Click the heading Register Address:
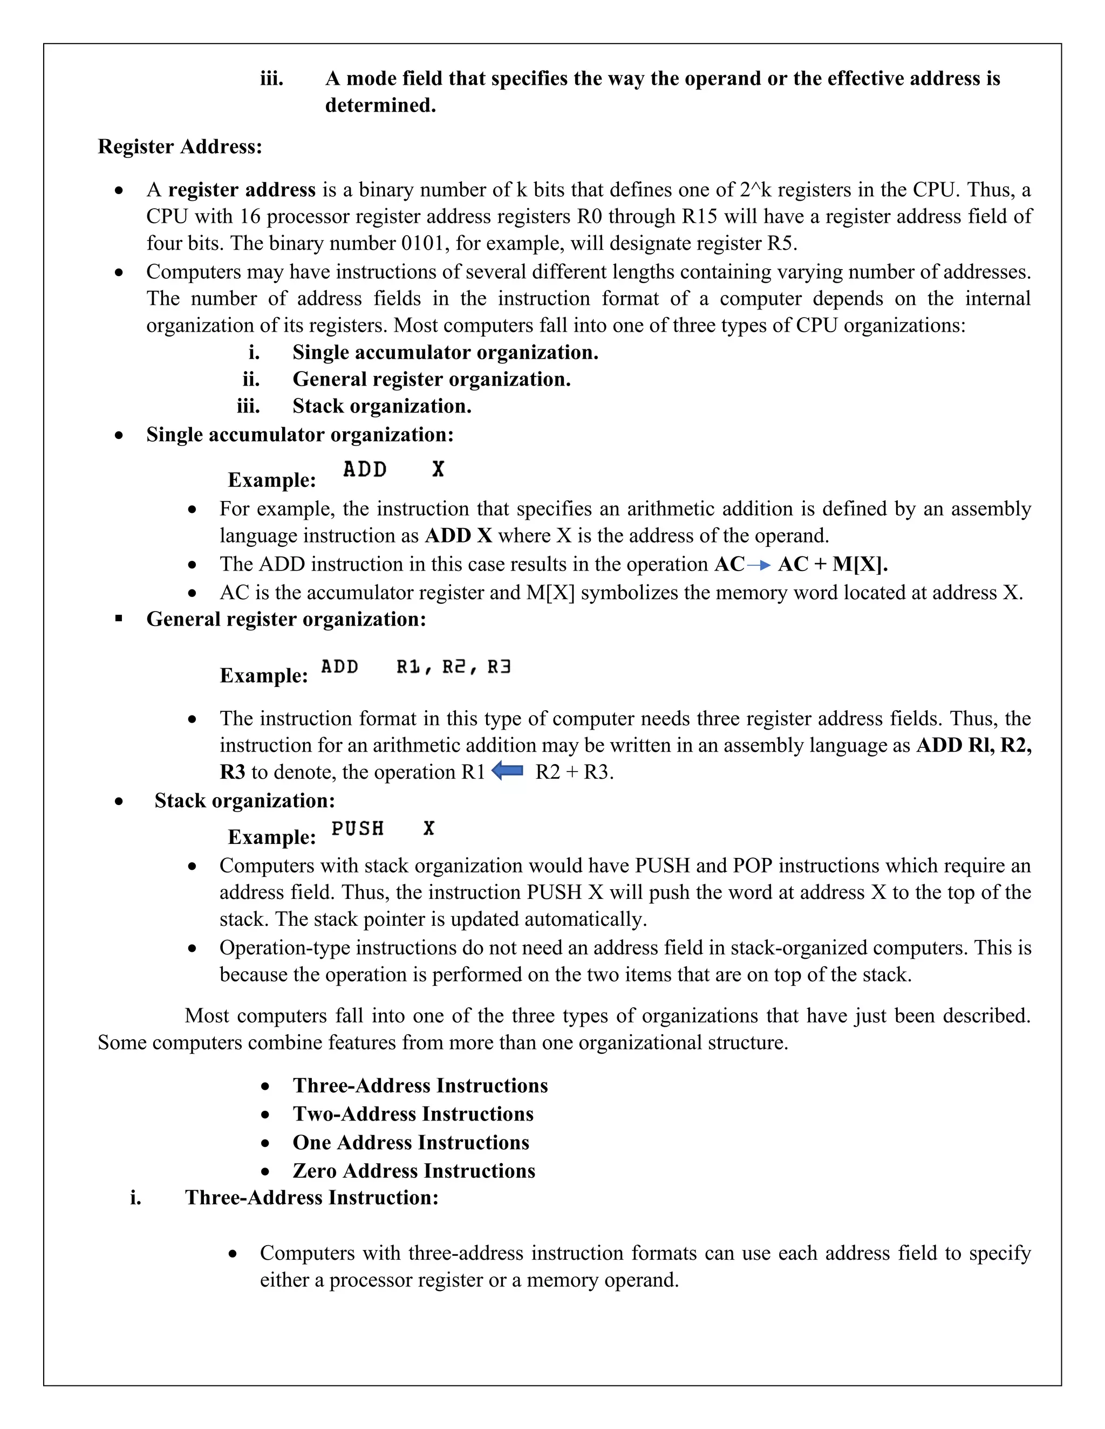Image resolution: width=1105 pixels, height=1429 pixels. tap(180, 147)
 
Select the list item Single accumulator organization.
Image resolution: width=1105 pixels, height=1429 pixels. tap(445, 353)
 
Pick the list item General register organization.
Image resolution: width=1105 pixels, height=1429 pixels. tap(432, 380)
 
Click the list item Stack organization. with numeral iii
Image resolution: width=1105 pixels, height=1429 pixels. tap(381, 407)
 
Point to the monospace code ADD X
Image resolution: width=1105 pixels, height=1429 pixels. tap(393, 469)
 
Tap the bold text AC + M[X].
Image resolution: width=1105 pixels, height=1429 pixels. tap(833, 565)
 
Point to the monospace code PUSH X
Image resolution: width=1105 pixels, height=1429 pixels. tap(383, 828)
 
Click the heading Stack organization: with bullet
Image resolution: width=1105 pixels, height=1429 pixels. tap(244, 801)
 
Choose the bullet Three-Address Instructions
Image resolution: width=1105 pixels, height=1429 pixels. tap(420, 1086)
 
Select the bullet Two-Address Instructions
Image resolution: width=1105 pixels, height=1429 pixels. tap(413, 1114)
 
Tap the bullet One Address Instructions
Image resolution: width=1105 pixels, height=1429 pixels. tap(411, 1143)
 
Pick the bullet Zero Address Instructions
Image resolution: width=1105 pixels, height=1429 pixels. tap(414, 1171)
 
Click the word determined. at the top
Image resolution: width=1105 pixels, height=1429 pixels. tap(380, 105)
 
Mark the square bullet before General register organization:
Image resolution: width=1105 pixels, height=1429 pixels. tap(119, 619)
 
